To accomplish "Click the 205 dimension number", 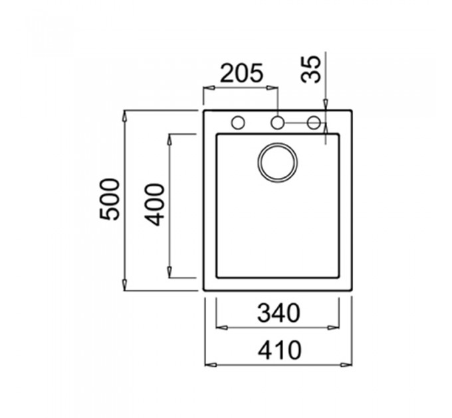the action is (x=241, y=73).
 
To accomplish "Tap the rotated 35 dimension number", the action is (x=310, y=69).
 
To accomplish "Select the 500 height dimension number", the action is (x=109, y=199).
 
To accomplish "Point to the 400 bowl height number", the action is (x=154, y=204).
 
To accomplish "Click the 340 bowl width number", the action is (x=279, y=313).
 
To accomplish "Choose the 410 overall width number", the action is (x=279, y=350).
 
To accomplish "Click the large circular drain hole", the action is (x=278, y=163).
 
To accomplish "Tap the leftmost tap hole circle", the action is (x=238, y=123).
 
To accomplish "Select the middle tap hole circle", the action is (x=277, y=123).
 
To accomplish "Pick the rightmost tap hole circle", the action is (x=314, y=123).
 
